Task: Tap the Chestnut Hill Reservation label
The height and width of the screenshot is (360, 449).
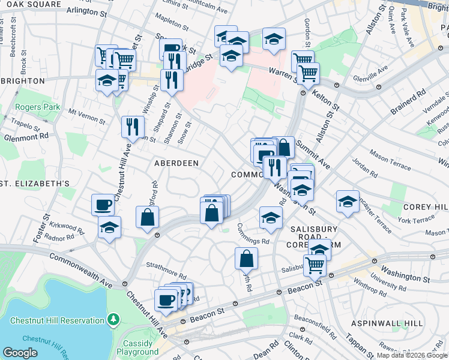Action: tap(57, 320)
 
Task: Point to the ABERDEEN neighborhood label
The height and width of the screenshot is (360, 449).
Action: tap(176, 163)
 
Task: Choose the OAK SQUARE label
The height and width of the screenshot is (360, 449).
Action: tap(31, 4)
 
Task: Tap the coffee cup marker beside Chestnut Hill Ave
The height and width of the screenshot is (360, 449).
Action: tap(103, 205)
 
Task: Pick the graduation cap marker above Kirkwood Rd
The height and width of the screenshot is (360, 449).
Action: tap(110, 227)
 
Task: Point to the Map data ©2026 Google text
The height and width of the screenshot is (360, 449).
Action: tap(412, 355)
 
